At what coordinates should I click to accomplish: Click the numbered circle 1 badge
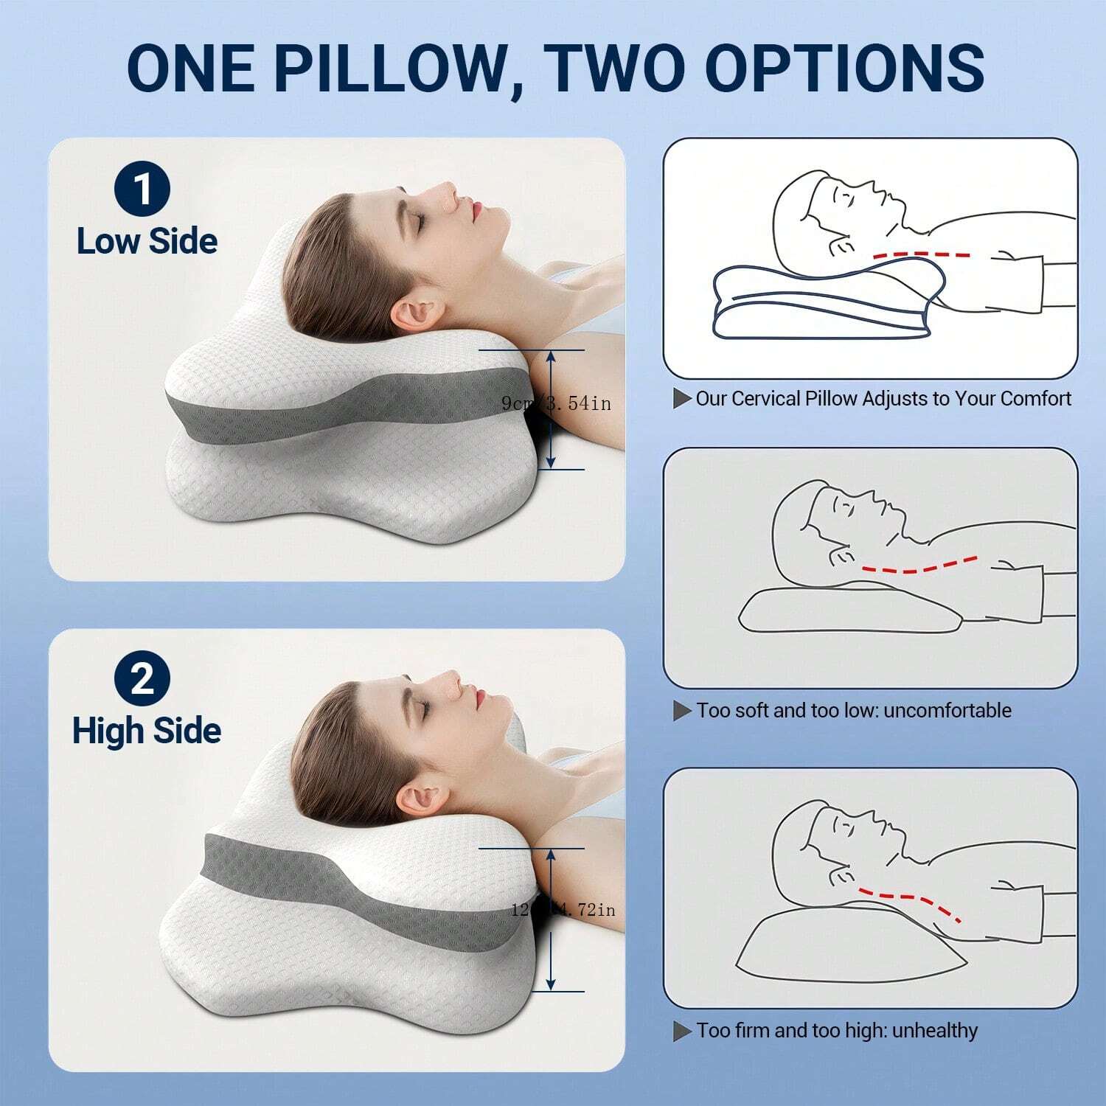click(x=142, y=189)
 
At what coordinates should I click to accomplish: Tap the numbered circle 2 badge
click(x=142, y=679)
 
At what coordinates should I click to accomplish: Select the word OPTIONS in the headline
click(x=845, y=68)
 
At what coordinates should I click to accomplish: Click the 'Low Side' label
click(x=147, y=241)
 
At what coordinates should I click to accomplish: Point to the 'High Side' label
click(x=147, y=730)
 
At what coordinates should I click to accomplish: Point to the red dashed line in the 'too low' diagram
click(x=920, y=566)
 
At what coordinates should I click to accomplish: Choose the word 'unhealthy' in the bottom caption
click(x=934, y=1031)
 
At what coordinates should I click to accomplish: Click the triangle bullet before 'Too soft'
click(x=682, y=711)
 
